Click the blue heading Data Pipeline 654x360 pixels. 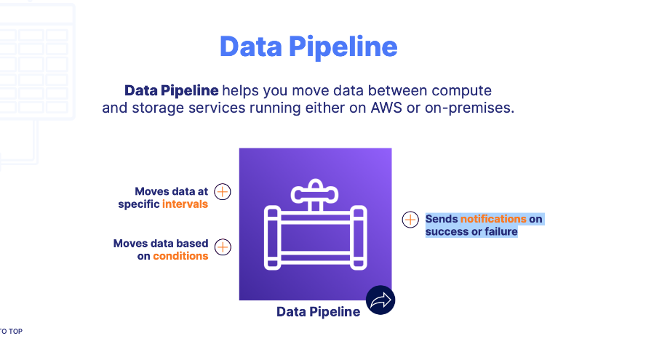pyautogui.click(x=308, y=47)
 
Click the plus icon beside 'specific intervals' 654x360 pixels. pyautogui.click(x=223, y=191)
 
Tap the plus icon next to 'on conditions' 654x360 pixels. pyautogui.click(x=223, y=247)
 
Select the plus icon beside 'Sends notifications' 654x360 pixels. pyautogui.click(x=410, y=220)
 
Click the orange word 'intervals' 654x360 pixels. pyautogui.click(x=185, y=204)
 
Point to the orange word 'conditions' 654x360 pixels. pyautogui.click(x=180, y=256)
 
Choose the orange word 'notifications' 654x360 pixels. pyautogui.click(x=493, y=218)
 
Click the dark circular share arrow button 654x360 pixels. pyautogui.click(x=380, y=300)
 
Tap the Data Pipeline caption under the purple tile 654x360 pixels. pyautogui.click(x=318, y=312)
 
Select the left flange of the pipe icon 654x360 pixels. pyautogui.click(x=272, y=236)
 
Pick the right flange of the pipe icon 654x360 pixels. pyautogui.click(x=358, y=236)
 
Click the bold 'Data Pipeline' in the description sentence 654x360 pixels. pyautogui.click(x=171, y=91)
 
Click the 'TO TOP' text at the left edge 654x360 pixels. pyautogui.click(x=11, y=332)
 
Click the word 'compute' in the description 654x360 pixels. pyautogui.click(x=461, y=91)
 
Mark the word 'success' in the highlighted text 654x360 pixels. pyautogui.click(x=445, y=232)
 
